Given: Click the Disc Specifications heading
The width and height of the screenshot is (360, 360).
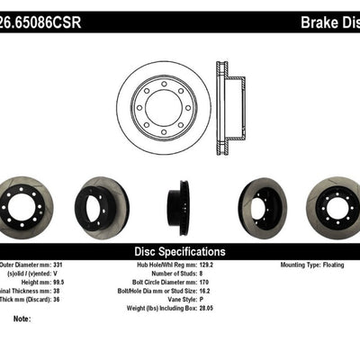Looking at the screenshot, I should [180, 252].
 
